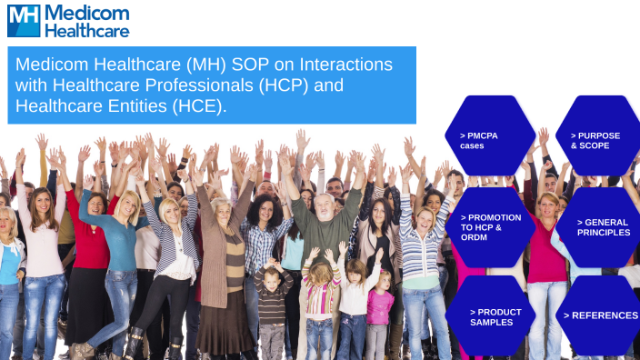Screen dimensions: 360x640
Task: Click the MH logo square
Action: (x=24, y=20)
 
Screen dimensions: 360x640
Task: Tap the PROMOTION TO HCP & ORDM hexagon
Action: (x=490, y=227)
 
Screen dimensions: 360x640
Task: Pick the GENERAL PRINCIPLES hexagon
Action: (x=597, y=227)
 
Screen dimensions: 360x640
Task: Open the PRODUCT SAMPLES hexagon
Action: (x=490, y=316)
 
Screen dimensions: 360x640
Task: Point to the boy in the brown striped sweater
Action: (x=270, y=300)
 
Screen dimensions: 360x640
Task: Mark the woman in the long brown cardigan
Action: (x=223, y=264)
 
